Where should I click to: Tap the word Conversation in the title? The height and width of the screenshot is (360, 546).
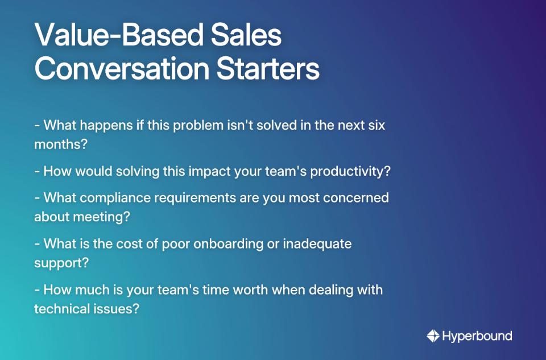pos(114,69)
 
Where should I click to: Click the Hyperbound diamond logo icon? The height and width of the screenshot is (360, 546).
pos(433,336)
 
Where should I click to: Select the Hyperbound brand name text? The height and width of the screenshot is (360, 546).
pos(477,336)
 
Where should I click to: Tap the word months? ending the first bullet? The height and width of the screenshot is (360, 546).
pos(60,144)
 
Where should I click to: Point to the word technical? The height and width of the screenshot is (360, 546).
pos(60,309)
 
